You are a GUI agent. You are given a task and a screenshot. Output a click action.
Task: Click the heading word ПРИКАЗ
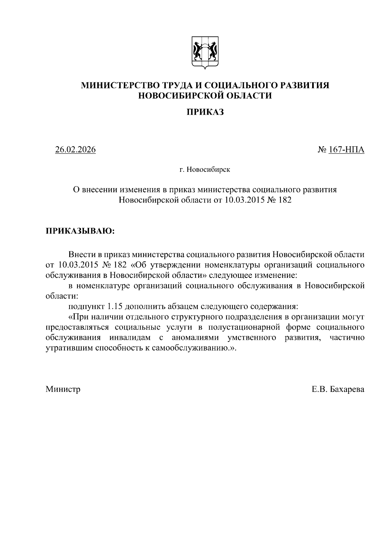tap(205, 112)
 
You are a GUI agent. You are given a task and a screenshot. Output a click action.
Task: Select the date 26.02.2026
tap(75, 149)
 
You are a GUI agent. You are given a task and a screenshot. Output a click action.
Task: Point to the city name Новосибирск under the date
tap(208, 170)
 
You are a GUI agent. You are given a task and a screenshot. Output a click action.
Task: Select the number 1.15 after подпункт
tap(114, 306)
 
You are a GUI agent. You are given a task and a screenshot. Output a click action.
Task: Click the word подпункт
tap(86, 306)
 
